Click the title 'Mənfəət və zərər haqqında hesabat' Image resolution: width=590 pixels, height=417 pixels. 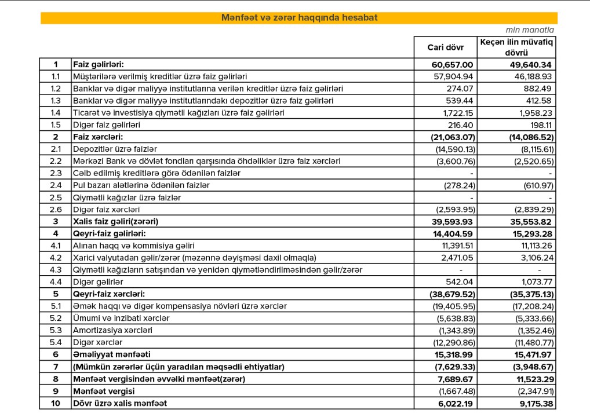coord(299,18)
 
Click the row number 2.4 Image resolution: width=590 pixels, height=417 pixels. coord(56,185)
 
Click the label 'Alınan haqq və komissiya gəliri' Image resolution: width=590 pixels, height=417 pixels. coord(133,246)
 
